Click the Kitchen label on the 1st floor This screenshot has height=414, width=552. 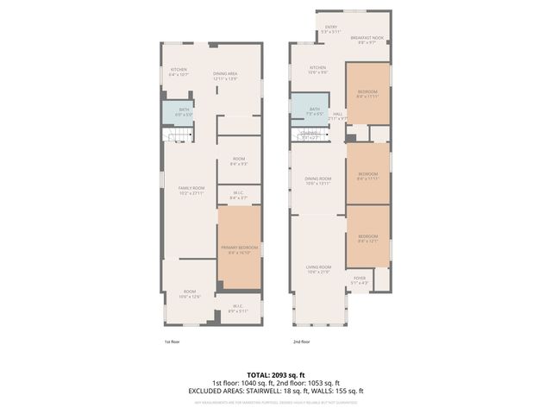179,72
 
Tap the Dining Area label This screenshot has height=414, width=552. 226,76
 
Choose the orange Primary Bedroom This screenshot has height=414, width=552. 239,249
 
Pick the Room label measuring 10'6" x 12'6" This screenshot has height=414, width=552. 190,294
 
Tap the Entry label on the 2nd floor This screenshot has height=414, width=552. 331,28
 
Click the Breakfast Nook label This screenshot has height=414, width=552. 366,40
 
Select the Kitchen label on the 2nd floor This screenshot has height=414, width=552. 318,70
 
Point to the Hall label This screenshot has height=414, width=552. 339,116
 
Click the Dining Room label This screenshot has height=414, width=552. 318,181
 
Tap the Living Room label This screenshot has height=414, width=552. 318,269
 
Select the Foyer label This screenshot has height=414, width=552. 360,280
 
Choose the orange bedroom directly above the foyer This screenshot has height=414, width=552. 367,237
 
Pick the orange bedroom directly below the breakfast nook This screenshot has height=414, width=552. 367,93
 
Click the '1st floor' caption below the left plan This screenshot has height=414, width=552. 172,342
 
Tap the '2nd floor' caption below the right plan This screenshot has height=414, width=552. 301,342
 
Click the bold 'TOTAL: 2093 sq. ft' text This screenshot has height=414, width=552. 276,375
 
